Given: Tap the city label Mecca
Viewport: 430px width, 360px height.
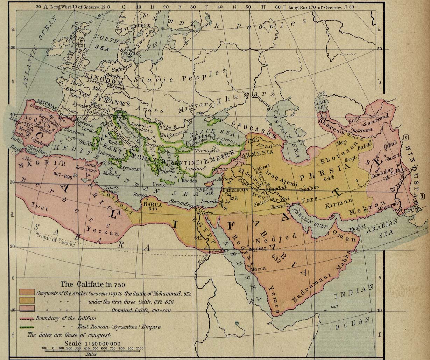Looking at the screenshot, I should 258,269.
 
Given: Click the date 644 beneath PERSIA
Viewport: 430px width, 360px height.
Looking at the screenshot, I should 329,178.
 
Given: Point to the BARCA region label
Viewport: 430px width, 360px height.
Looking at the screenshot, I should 152,205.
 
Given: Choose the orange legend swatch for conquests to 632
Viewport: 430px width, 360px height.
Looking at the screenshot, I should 27,292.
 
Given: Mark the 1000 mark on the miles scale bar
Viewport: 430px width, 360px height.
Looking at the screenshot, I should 139,348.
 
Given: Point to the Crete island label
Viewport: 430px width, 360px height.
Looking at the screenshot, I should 159,185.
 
